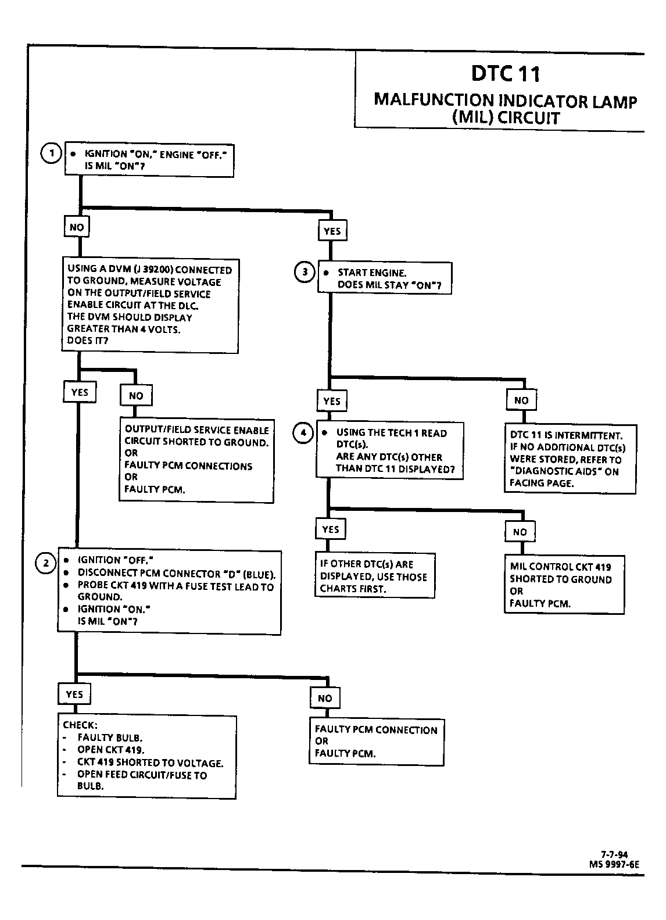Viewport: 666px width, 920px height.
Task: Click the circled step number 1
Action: [51, 153]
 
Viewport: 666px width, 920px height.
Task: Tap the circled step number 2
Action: [45, 563]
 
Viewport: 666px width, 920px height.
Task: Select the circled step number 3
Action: [305, 272]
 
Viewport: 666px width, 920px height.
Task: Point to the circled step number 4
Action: [303, 432]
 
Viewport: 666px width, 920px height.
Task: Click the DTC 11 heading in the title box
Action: [506, 73]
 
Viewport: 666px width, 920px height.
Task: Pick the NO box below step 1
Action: [77, 227]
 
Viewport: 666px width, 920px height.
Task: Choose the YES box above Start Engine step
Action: [332, 231]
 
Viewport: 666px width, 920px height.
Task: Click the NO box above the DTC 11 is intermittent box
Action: [521, 400]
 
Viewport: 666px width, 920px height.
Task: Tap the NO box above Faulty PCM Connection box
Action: [325, 698]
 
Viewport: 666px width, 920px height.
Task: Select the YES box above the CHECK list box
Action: [74, 694]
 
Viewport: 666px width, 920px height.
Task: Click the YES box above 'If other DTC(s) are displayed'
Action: [331, 529]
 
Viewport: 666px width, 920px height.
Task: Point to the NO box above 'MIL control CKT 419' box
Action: [520, 532]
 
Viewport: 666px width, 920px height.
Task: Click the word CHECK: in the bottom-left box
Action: [80, 725]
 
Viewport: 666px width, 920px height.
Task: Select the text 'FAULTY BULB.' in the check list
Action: [110, 738]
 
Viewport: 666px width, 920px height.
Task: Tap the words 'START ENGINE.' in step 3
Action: [372, 273]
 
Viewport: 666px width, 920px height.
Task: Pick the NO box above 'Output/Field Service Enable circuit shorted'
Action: [136, 396]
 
